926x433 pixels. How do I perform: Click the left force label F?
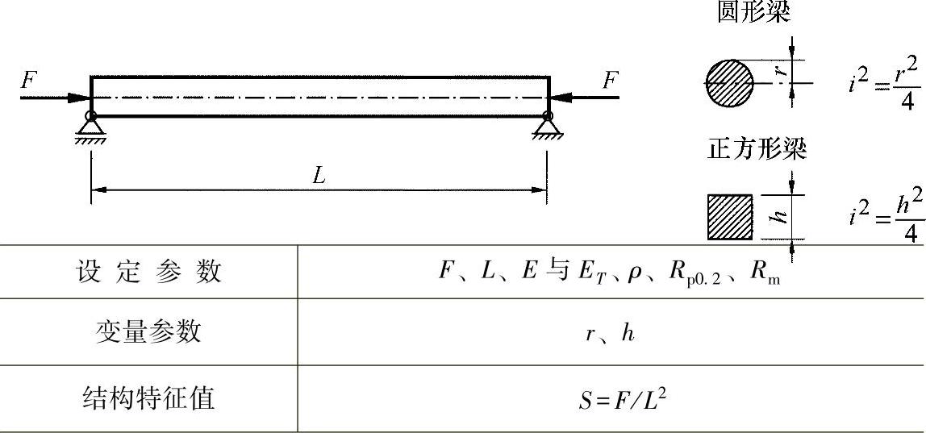[x=29, y=80]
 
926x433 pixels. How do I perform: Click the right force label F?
[x=611, y=80]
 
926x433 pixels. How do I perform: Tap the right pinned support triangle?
[x=548, y=127]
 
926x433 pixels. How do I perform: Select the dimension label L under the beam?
[x=319, y=177]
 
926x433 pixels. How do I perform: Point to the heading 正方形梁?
[x=757, y=151]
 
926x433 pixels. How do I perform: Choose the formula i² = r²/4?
[x=884, y=84]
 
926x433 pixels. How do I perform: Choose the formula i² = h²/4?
[x=886, y=218]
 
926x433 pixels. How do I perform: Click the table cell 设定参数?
[x=148, y=273]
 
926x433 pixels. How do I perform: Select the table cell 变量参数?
[x=148, y=331]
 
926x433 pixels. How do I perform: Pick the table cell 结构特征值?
[x=148, y=398]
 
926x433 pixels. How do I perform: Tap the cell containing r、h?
[x=610, y=333]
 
